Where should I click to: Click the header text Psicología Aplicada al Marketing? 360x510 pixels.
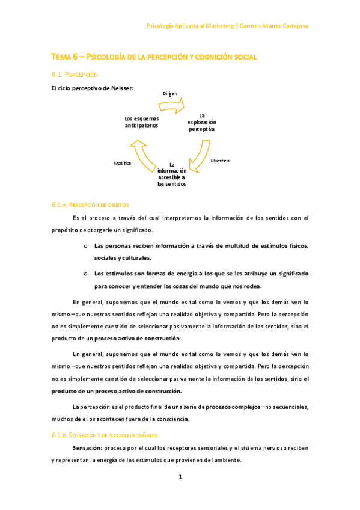coord(191,26)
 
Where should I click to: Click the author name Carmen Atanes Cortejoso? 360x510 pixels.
coord(275,26)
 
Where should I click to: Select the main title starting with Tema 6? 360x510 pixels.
coord(154,57)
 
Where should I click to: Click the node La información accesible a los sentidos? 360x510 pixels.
coord(171,174)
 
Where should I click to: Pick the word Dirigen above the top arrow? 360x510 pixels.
coord(170,94)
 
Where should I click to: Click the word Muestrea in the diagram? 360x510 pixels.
coord(219,161)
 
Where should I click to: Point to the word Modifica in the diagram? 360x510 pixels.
coord(123,163)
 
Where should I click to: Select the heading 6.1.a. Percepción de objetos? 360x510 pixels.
coord(90,205)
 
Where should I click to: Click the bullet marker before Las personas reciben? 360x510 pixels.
coord(86,245)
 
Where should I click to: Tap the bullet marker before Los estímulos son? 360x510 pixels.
coord(86,274)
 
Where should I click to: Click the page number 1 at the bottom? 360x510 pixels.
coord(180,477)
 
